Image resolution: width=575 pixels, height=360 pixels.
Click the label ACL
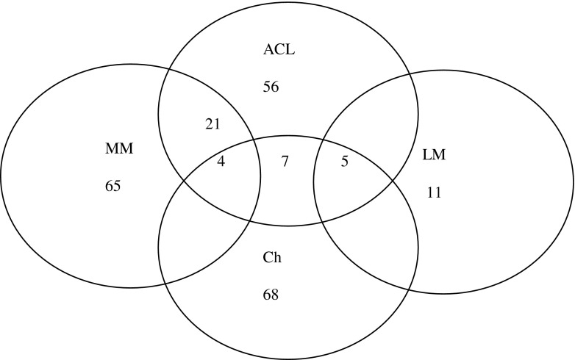click(278, 51)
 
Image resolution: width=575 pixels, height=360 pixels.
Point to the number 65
click(114, 186)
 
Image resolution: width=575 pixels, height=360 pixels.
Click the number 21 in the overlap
click(213, 123)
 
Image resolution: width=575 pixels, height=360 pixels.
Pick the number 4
click(221, 160)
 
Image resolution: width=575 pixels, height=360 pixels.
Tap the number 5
click(343, 160)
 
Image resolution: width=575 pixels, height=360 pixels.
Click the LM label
click(435, 156)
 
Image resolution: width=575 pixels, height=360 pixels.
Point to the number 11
click(435, 192)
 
